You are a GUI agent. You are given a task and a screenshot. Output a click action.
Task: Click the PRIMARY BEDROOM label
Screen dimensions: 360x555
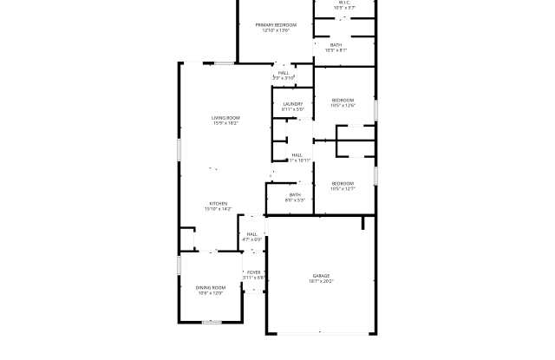(x=276, y=25)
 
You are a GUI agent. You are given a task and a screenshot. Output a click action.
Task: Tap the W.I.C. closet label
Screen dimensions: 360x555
(x=344, y=3)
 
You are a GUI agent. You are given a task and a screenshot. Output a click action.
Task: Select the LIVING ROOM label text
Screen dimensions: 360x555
(x=225, y=118)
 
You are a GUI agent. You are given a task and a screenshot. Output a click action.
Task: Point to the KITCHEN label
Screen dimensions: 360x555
(x=218, y=204)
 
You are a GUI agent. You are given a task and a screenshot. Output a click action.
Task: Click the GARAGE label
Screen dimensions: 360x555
(x=321, y=276)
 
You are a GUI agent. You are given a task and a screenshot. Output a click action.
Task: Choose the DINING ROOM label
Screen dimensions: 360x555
(x=211, y=288)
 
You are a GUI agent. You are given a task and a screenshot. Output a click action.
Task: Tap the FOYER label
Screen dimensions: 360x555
(x=253, y=272)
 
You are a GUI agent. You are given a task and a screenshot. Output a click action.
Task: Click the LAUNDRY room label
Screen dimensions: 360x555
(x=292, y=104)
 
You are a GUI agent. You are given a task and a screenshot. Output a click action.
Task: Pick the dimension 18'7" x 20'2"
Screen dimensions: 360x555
(x=321, y=282)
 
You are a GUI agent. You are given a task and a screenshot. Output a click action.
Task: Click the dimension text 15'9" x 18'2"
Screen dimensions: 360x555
(x=225, y=124)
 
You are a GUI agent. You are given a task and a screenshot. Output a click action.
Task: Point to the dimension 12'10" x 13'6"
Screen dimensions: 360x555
(x=276, y=31)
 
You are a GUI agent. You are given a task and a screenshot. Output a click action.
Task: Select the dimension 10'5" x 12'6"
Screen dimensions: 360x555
(x=343, y=107)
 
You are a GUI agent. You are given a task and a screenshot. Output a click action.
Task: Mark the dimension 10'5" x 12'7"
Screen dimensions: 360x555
(x=343, y=189)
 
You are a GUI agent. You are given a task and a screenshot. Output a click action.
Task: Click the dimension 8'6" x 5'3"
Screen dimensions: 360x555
(x=295, y=200)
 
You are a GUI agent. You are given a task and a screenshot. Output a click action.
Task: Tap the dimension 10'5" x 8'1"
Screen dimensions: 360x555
(x=336, y=50)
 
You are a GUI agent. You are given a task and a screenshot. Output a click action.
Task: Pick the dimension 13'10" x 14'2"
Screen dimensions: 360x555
(x=218, y=210)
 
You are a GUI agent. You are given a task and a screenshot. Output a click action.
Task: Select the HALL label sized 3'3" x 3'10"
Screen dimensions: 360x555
(x=284, y=73)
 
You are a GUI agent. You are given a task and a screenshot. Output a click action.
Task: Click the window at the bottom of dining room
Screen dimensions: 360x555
(x=213, y=323)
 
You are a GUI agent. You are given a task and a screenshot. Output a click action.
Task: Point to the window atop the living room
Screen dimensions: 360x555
(x=224, y=62)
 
